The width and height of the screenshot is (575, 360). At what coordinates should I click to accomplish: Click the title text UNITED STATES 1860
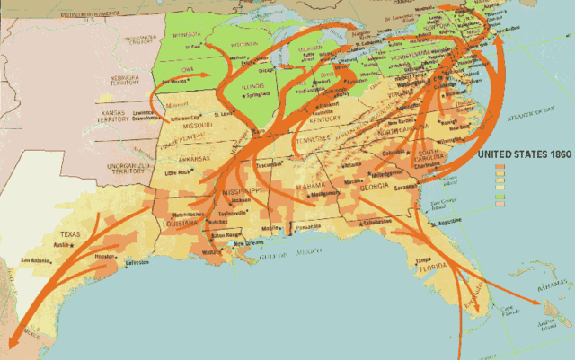pyautogui.click(x=524, y=154)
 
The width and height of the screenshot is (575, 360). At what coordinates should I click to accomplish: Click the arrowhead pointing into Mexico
pyautogui.click(x=12, y=347)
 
